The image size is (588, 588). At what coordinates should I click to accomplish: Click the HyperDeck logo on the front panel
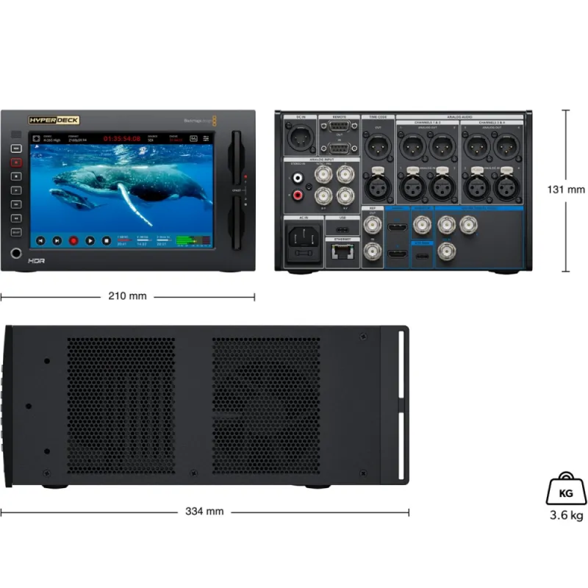pyautogui.click(x=54, y=120)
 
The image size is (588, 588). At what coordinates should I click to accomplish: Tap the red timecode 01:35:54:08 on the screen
pyautogui.click(x=121, y=138)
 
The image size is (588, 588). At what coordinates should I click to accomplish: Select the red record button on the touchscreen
pyautogui.click(x=73, y=240)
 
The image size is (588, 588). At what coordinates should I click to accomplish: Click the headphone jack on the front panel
pyautogui.click(x=16, y=254)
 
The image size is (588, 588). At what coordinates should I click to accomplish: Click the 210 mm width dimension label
pyautogui.click(x=127, y=296)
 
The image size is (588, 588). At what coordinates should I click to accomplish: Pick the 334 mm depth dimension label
pyautogui.click(x=205, y=512)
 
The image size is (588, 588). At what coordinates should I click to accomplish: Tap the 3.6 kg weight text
pyautogui.click(x=567, y=515)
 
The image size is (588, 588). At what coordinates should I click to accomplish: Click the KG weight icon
pyautogui.click(x=567, y=487)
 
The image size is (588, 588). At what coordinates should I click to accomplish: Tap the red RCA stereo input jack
pyautogui.click(x=298, y=195)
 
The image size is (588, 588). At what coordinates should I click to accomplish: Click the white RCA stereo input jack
pyautogui.click(x=298, y=177)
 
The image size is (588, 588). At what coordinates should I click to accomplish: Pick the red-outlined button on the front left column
pyautogui.click(x=16, y=162)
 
